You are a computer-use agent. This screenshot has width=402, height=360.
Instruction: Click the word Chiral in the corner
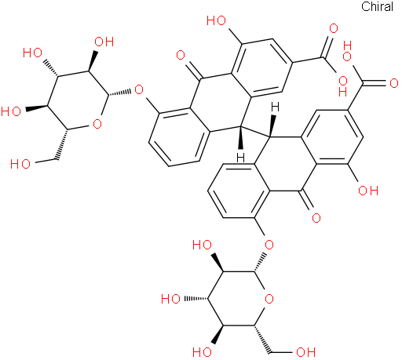click(x=377, y=6)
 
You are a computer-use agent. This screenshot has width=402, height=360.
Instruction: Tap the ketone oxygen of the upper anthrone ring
click(x=181, y=55)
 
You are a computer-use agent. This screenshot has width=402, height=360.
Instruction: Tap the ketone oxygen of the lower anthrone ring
click(x=316, y=218)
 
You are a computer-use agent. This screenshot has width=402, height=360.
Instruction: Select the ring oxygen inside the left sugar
click(x=97, y=124)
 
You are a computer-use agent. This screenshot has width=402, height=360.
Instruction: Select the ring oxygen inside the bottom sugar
click(x=269, y=299)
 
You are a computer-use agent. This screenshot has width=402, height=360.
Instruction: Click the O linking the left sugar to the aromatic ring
click(x=139, y=89)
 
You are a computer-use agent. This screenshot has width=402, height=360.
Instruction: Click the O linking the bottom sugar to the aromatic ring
click(x=269, y=245)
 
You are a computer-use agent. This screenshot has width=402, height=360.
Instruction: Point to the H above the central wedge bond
click(x=275, y=107)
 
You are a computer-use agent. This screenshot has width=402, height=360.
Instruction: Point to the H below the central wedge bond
click(x=240, y=158)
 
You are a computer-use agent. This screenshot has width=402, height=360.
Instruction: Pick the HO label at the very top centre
click(x=216, y=20)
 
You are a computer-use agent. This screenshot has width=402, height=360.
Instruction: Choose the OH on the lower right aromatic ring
click(x=368, y=191)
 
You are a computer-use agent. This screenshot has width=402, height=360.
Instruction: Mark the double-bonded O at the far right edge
click(x=394, y=83)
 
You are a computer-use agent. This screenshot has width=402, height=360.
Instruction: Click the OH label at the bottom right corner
click(x=305, y=352)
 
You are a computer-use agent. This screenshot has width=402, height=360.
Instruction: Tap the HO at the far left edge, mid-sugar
click(x=11, y=111)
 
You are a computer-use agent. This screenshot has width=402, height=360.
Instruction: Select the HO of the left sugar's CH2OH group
click(x=20, y=164)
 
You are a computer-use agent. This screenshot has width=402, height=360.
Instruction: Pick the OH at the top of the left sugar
click(x=104, y=42)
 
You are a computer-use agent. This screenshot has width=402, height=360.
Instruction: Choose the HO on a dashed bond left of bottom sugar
click(x=170, y=299)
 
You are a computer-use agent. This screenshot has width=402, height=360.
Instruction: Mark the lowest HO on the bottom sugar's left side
click(x=202, y=352)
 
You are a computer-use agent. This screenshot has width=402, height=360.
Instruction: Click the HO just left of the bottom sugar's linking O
click(x=202, y=245)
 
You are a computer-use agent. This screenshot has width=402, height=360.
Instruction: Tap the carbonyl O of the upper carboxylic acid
click(x=334, y=28)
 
